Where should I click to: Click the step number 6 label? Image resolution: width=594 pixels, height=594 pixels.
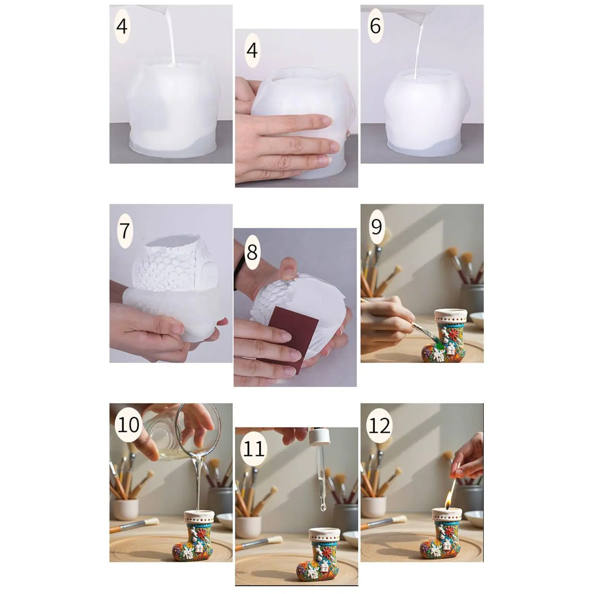(x=375, y=26)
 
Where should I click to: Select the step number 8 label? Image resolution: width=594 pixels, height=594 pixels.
(x=252, y=252)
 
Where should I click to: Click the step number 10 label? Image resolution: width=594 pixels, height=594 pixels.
(x=128, y=424)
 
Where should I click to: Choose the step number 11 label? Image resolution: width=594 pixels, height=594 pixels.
(x=254, y=449)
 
